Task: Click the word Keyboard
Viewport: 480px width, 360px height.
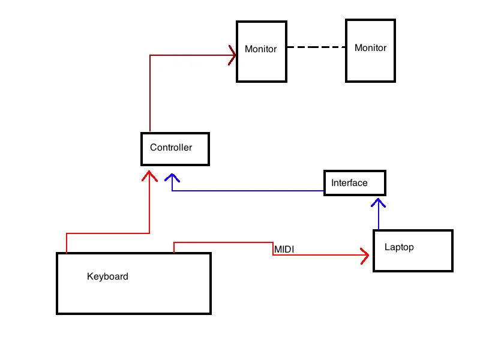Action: pos(107,277)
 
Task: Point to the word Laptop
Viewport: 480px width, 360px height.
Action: pos(399,247)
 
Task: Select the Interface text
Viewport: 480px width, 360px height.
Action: pos(349,183)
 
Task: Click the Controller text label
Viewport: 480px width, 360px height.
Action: pos(171,148)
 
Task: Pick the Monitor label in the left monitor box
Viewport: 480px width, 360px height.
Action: pos(260,49)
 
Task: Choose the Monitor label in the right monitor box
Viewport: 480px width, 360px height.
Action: pos(370,47)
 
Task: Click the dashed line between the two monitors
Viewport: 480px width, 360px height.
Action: pos(316,47)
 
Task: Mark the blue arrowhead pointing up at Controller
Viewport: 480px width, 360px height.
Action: pos(173,178)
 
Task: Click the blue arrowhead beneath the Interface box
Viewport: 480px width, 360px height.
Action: pos(379,202)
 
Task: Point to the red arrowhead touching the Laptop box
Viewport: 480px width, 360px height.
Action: pos(365,256)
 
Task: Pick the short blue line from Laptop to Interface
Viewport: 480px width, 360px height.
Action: pos(379,218)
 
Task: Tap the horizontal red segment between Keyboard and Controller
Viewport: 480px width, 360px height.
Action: pos(107,233)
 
